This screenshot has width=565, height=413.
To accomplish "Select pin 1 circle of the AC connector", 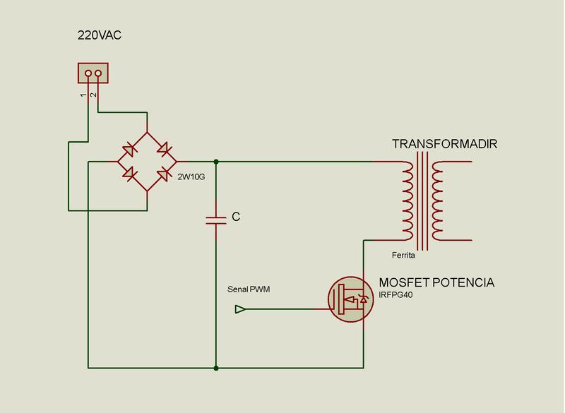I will pyautogui.click(x=88, y=73).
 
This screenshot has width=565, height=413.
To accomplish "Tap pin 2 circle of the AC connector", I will pyautogui.click(x=97, y=73).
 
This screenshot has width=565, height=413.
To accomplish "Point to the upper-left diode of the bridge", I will pyautogui.click(x=131, y=149).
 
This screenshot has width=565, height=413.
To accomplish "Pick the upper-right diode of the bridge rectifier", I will pyautogui.click(x=163, y=149).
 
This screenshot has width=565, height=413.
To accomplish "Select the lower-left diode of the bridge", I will pyautogui.click(x=131, y=173).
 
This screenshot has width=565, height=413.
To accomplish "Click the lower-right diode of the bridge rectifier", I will pyautogui.click(x=165, y=174).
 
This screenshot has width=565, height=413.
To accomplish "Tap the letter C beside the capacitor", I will pyautogui.click(x=236, y=217).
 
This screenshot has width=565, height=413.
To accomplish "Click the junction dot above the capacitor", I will pyautogui.click(x=216, y=162).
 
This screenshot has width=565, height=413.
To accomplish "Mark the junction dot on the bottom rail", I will pyautogui.click(x=216, y=368).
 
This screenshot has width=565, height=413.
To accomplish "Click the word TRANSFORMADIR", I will pyautogui.click(x=445, y=144).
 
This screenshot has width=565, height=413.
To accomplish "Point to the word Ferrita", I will pyautogui.click(x=403, y=255).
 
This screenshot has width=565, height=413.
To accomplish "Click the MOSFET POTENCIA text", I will pyautogui.click(x=436, y=282).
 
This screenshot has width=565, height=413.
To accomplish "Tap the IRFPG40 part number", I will pyautogui.click(x=398, y=295).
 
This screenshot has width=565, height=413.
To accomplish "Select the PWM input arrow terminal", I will pyautogui.click(x=240, y=309).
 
